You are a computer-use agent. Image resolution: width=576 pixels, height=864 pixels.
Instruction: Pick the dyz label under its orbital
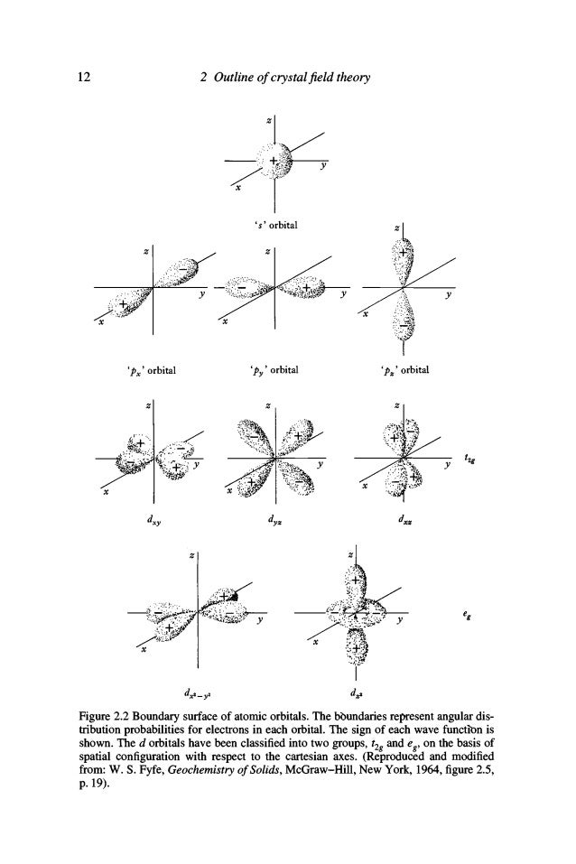click(271, 522)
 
